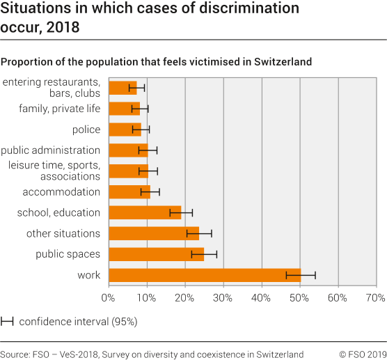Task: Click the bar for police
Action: coord(125,130)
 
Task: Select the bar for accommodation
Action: coord(129,192)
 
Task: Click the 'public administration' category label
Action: coord(51,150)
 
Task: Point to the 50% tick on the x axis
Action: coord(299,298)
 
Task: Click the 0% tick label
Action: coord(108,298)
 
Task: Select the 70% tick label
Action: coord(375,298)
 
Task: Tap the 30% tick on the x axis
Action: coord(223,298)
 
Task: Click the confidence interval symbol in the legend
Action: coord(8,322)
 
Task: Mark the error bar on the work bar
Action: coord(301,275)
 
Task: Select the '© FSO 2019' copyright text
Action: coord(362,353)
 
